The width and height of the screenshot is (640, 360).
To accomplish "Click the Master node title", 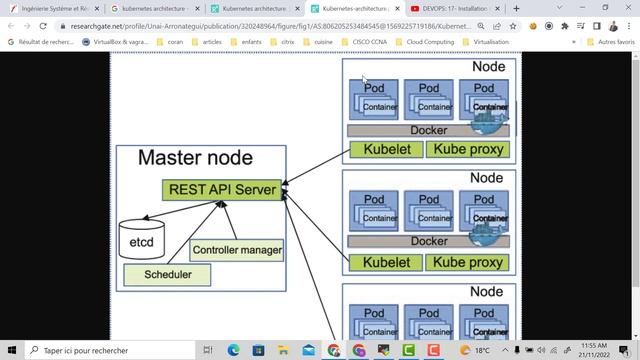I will (195, 158).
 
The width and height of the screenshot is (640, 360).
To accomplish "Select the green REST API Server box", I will (221, 189).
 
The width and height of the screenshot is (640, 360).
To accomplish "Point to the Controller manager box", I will (237, 250).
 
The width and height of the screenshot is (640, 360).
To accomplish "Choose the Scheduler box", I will (168, 273).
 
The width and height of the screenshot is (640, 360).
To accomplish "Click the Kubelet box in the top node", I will (386, 150).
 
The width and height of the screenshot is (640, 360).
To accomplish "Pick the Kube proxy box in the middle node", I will (468, 263).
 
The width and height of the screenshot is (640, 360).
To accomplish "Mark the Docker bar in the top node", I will (428, 130).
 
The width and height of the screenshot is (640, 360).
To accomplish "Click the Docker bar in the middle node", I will (428, 241).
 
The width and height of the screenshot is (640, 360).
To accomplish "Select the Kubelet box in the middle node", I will (386, 263).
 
